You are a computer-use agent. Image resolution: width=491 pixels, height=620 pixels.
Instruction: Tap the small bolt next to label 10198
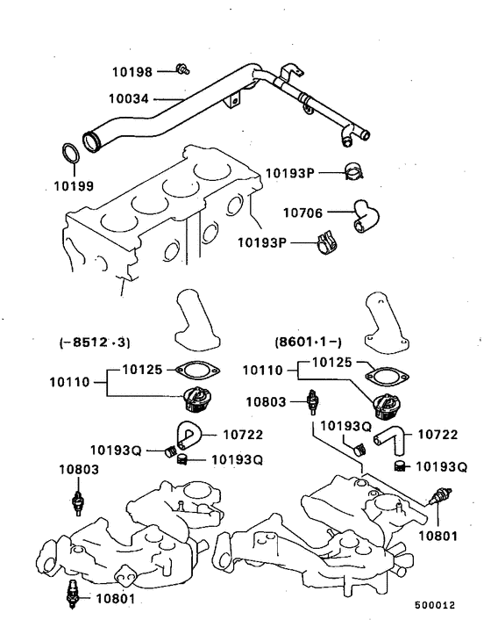click(182, 68)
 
